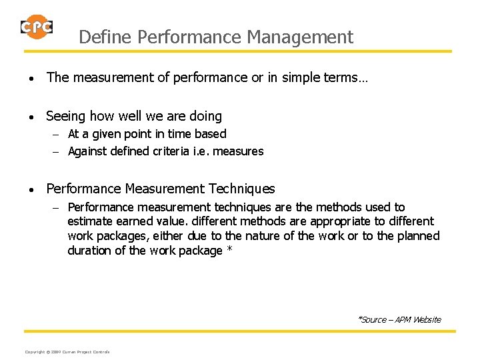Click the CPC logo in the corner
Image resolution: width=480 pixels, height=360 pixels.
pyautogui.click(x=37, y=27)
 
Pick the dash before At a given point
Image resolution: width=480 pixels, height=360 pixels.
pyautogui.click(x=57, y=134)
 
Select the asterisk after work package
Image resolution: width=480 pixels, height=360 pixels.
pyautogui.click(x=229, y=251)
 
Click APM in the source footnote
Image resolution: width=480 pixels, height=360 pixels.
pyautogui.click(x=402, y=320)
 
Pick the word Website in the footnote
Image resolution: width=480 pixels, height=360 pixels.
pyautogui.click(x=427, y=320)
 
